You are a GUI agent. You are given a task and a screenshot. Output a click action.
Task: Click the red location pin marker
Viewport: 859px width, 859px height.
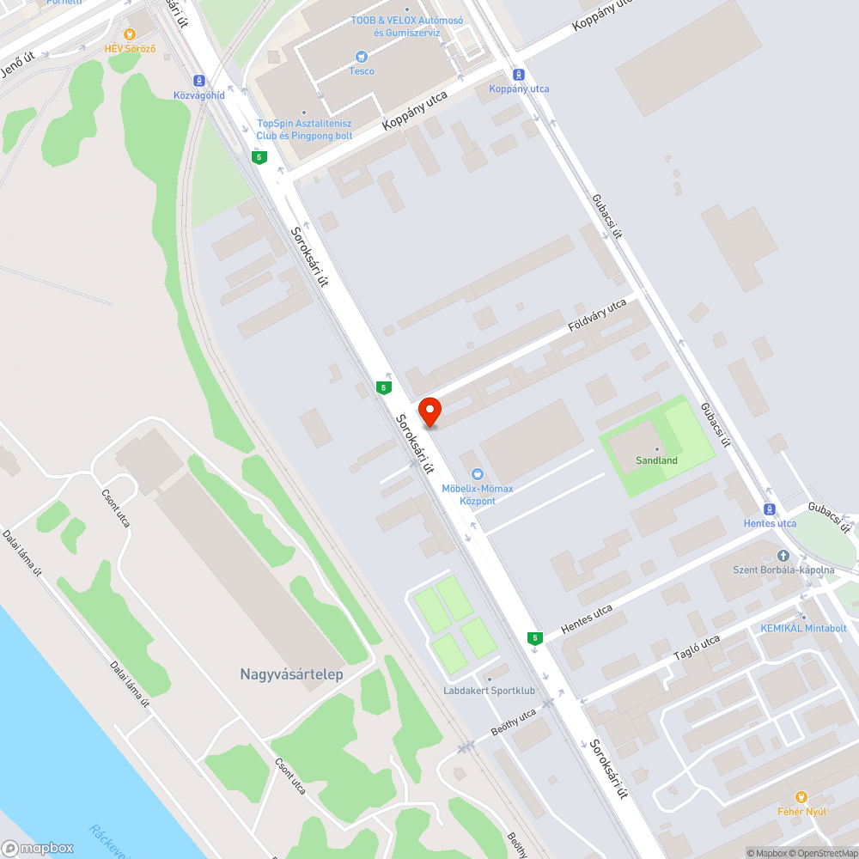click(429, 411)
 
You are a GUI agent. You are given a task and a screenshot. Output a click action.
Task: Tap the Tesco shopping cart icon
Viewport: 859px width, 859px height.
click(362, 57)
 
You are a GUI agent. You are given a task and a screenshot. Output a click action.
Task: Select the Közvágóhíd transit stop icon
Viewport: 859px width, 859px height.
click(199, 80)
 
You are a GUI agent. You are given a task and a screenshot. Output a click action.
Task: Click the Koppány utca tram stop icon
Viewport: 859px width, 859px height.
click(518, 74)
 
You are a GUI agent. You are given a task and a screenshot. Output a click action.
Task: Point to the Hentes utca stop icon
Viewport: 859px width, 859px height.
click(769, 509)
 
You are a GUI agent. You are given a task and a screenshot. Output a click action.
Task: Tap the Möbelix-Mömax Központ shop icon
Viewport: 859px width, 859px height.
click(478, 473)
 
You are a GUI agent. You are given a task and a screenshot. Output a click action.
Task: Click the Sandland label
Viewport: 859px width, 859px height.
click(656, 460)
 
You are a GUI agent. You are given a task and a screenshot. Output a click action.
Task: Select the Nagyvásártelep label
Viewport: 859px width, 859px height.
click(291, 674)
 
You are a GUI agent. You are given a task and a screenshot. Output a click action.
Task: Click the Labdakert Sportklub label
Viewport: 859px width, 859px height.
click(489, 690)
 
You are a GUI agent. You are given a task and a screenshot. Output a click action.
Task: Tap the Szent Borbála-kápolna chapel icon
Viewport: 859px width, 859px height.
click(783, 556)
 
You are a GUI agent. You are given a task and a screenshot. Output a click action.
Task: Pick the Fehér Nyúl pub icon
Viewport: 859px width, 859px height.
click(801, 797)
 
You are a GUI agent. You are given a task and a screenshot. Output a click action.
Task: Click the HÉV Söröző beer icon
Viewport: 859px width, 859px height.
click(130, 34)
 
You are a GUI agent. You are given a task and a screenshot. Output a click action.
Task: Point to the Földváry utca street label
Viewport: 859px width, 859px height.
click(598, 317)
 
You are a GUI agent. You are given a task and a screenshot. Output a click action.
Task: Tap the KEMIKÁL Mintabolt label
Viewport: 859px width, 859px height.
click(803, 628)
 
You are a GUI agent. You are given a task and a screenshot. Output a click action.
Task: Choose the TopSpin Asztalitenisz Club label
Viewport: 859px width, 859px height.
click(304, 129)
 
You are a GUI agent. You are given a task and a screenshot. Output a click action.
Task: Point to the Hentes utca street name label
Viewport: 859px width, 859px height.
click(586, 620)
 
